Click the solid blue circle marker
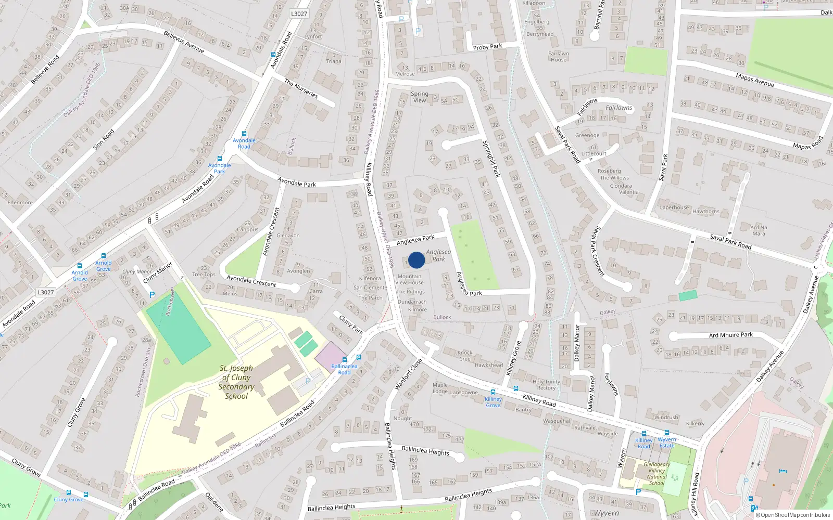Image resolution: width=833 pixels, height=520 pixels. pyautogui.click(x=416, y=260)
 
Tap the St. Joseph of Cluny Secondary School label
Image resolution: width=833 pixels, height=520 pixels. pyautogui.click(x=236, y=382)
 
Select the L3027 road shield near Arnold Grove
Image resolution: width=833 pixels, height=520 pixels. pyautogui.click(x=46, y=292)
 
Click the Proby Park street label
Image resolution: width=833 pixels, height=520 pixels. pyautogui.click(x=487, y=47)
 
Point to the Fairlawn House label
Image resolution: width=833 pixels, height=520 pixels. pyautogui.click(x=558, y=57)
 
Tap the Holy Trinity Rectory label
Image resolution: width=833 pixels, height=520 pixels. pyautogui.click(x=546, y=385)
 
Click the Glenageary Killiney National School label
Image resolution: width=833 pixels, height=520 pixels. pyautogui.click(x=657, y=474)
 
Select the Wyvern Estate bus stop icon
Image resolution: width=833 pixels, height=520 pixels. pyautogui.click(x=667, y=432)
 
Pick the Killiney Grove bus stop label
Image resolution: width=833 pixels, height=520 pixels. pyautogui.click(x=493, y=402)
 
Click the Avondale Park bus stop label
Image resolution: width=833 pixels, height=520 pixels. pyautogui.click(x=220, y=168)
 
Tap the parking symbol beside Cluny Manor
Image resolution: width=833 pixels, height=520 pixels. pyautogui.click(x=152, y=295)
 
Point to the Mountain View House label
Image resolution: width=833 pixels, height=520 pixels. pyautogui.click(x=409, y=280)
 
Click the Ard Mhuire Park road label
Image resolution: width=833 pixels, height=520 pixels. pyautogui.click(x=730, y=335)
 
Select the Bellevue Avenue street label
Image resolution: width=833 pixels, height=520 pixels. pyautogui.click(x=184, y=42)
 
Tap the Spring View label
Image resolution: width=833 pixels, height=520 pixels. pyautogui.click(x=419, y=97)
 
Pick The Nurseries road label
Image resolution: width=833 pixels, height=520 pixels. pyautogui.click(x=301, y=88)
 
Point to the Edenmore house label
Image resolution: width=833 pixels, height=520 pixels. pyautogui.click(x=20, y=202)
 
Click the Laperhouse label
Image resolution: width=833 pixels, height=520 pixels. pyautogui.click(x=674, y=207)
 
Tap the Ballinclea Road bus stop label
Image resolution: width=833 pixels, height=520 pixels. pyautogui.click(x=344, y=369)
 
